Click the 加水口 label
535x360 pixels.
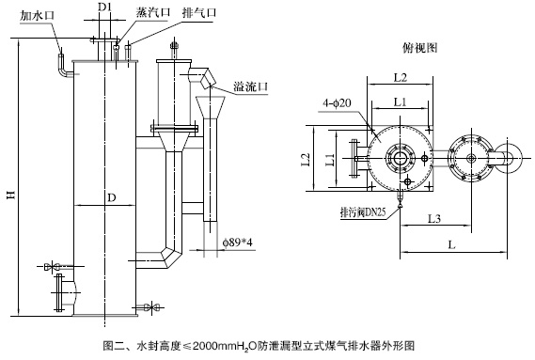pos(38,16)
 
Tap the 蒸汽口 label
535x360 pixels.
pos(153,12)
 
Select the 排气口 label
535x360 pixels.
pos(199,13)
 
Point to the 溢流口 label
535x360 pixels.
pos(251,86)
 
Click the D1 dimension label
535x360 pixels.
pos(105,7)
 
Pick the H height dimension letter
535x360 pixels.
pos(12,195)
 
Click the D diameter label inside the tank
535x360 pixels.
pos(112,197)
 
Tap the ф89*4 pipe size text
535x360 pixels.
pos(238,243)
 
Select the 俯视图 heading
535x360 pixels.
pos(420,48)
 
